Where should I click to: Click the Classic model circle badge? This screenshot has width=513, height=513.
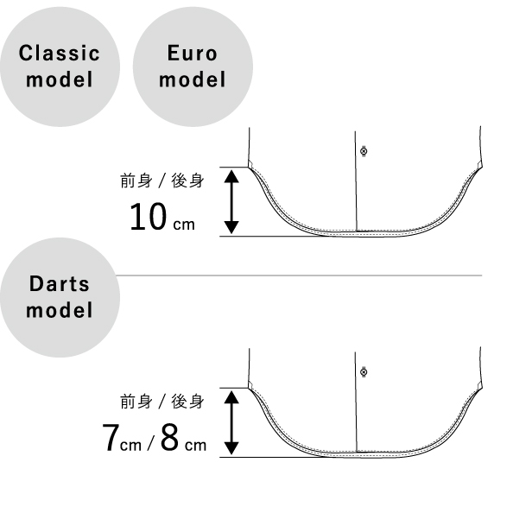tap(60, 66)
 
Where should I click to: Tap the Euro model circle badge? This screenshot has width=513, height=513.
tap(193, 66)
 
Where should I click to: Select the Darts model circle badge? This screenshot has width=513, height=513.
tap(60, 297)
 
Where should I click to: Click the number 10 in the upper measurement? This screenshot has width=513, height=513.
tap(148, 217)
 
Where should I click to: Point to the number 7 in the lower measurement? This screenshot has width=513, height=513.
tap(111, 437)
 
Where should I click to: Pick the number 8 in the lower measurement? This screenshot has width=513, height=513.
tap(169, 437)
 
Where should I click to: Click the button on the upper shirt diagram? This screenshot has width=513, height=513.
tap(364, 151)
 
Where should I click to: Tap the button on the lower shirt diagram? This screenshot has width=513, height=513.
tap(364, 372)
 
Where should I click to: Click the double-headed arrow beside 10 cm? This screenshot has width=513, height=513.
tap(231, 201)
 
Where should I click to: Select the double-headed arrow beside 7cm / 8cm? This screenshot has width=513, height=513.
tap(231, 422)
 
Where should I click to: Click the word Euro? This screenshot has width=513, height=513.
tap(193, 54)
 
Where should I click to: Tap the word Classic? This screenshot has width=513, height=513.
tap(60, 53)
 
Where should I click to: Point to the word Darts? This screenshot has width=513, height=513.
tap(60, 283)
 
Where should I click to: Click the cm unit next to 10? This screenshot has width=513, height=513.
tap(184, 225)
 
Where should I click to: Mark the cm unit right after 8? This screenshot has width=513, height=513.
tap(196, 446)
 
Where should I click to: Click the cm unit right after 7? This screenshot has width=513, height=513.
tap(131, 446)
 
